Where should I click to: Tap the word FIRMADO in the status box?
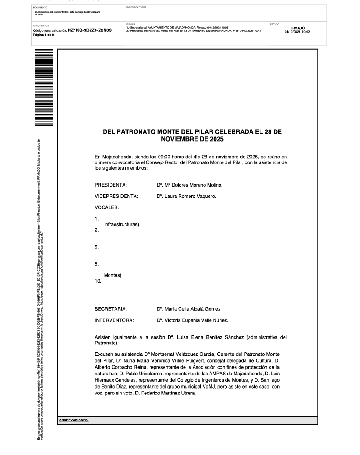pos(297,28)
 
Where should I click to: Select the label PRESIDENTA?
pos(110,185)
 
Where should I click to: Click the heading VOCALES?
pos(107,207)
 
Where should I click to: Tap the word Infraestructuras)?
pos(122,224)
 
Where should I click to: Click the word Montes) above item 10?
pos(113,275)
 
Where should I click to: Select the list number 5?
pos(97,247)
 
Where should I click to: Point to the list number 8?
pos(97,264)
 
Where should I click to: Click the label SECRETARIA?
pos(110,309)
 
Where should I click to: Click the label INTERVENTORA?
pos(114,320)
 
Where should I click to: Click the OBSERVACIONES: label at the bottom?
pos(74,420)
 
